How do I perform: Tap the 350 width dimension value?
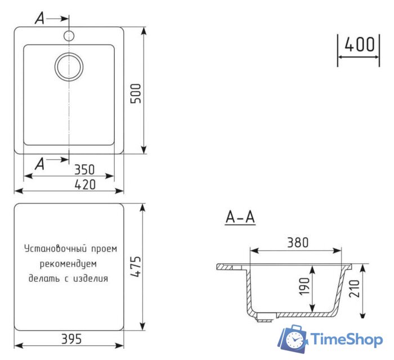click(x=84, y=169)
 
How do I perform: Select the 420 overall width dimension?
click(x=84, y=184)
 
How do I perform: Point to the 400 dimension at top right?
click(x=359, y=45)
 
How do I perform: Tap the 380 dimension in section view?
click(x=298, y=242)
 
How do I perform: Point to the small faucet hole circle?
click(x=69, y=36)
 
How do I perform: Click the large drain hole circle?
click(x=69, y=66)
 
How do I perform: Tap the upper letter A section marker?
click(x=39, y=19)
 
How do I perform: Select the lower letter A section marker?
click(x=39, y=164)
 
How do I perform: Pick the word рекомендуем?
click(x=69, y=263)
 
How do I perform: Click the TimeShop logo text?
click(x=347, y=339)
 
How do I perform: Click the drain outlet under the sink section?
click(x=264, y=318)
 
